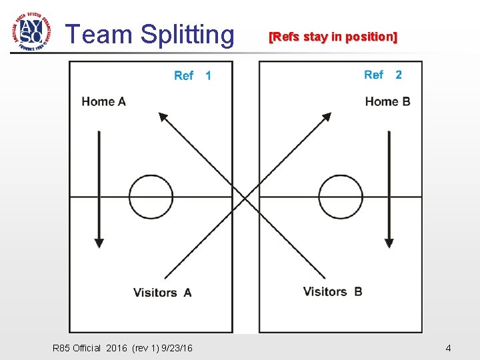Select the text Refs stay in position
pos(333,37)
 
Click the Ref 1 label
pos(192,75)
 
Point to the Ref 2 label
pos(383,75)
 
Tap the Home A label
pos(103,101)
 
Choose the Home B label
pos(387,101)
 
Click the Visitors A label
pos(162,292)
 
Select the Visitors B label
pos(332,291)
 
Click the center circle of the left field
pos(151,197)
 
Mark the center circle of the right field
pos(341,197)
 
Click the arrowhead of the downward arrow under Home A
pos(99,242)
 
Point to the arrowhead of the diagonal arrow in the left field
pos(162,117)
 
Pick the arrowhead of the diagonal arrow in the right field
pos(326,117)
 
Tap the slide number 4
pos(448,348)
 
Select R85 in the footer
pos(61,348)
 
